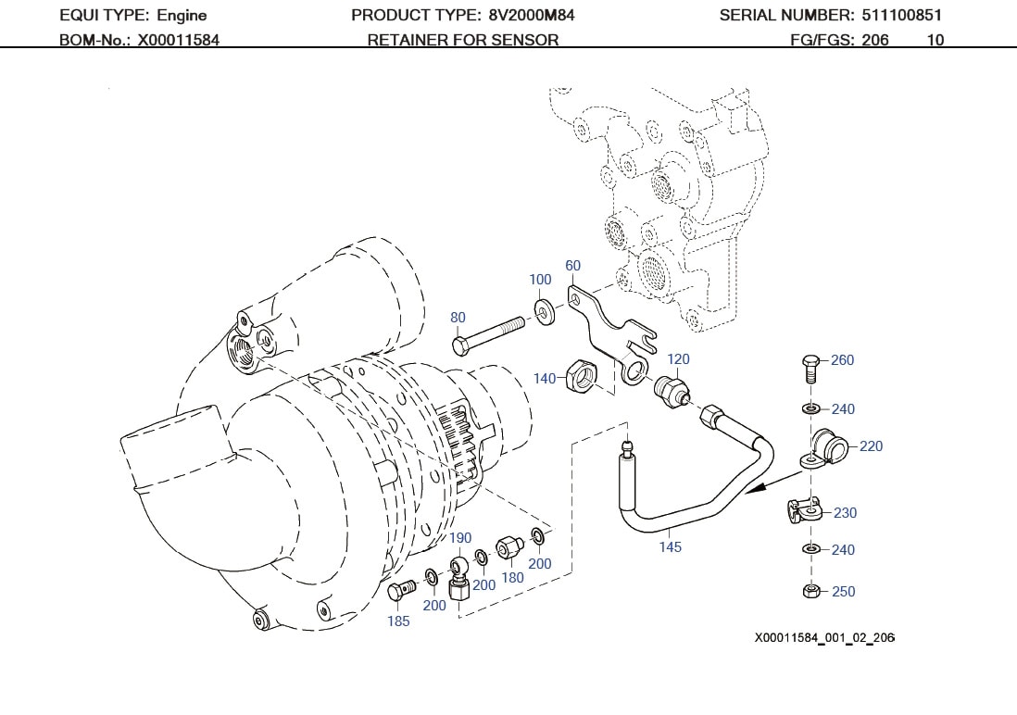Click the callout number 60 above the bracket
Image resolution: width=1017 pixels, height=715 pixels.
(x=572, y=266)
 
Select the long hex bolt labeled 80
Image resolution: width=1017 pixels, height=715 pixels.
(x=491, y=334)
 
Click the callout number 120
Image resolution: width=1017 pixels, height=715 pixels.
(x=678, y=359)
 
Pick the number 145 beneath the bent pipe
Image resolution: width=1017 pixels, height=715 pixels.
(x=670, y=547)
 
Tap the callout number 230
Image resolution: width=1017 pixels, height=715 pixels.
(x=845, y=513)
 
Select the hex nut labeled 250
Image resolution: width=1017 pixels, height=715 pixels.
(x=809, y=591)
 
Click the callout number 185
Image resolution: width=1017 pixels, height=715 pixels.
(x=398, y=621)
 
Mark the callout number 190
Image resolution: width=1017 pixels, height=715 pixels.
(x=460, y=538)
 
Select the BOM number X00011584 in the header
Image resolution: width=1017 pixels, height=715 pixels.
(x=179, y=40)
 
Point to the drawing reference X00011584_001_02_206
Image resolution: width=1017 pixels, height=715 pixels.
(x=824, y=638)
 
